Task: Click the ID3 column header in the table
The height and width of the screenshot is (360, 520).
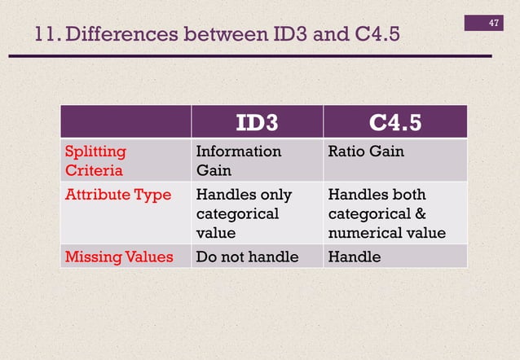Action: tap(257, 122)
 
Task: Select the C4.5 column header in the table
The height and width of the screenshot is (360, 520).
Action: tap(395, 122)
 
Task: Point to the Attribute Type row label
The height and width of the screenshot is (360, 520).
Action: tap(118, 195)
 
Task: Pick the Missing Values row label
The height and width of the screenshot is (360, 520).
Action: tap(119, 257)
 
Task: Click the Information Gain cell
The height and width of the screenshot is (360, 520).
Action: tap(238, 160)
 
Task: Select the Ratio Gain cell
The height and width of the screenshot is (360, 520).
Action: tap(365, 151)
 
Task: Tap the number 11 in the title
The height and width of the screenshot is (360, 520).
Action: tap(46, 36)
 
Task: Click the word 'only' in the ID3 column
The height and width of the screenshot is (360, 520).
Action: tap(275, 195)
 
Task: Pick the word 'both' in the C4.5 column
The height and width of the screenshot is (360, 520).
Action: tap(407, 195)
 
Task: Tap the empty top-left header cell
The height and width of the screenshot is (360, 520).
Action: tap(126, 122)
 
